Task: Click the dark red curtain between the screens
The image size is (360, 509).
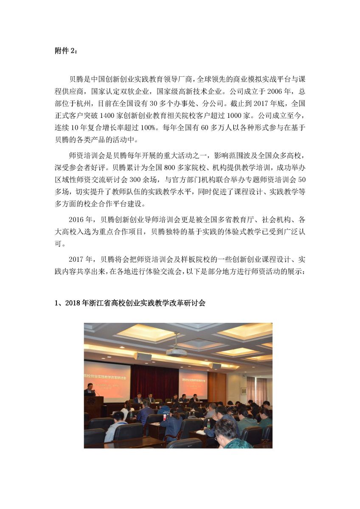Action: [x=154, y=380]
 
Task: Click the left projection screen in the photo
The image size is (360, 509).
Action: [x=108, y=380]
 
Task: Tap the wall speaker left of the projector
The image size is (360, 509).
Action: [x=143, y=356]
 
